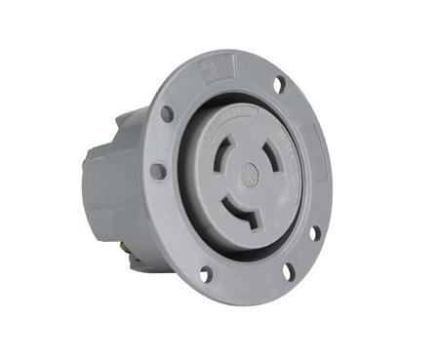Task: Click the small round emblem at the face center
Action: (x=251, y=176)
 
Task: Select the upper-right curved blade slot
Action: (x=276, y=155)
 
